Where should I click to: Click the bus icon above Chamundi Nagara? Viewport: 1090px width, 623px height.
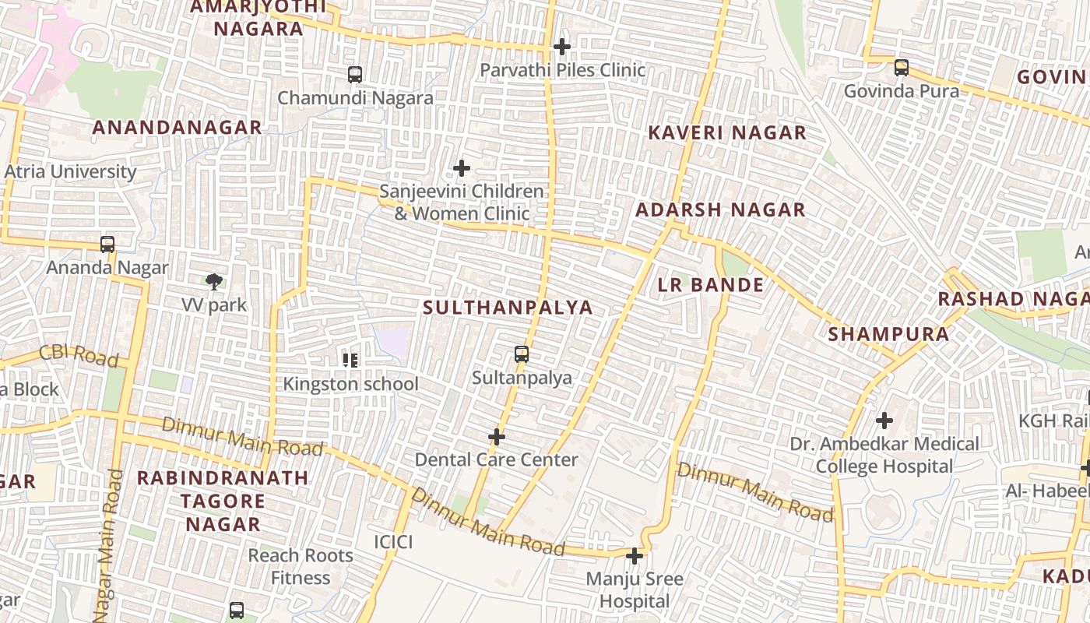click(x=355, y=75)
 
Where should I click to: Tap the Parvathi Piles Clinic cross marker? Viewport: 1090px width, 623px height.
click(x=561, y=47)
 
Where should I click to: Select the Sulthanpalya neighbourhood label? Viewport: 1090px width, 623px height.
click(x=508, y=308)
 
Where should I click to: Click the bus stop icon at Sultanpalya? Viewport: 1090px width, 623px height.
click(x=522, y=355)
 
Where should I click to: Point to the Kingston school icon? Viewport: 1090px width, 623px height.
click(x=350, y=360)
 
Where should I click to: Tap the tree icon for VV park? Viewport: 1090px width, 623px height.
click(x=214, y=281)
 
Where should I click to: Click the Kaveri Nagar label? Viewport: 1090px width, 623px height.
click(x=727, y=132)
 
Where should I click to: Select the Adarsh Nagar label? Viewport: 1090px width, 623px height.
click(x=720, y=209)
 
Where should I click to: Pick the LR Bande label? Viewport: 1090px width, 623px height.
click(x=711, y=285)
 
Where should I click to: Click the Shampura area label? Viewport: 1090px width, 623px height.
click(x=888, y=335)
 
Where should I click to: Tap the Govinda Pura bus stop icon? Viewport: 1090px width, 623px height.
click(x=902, y=68)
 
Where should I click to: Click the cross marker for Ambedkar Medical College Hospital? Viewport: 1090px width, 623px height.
click(x=884, y=421)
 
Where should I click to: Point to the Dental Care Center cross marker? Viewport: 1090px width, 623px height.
click(x=496, y=437)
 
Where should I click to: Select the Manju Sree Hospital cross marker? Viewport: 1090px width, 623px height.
click(x=635, y=556)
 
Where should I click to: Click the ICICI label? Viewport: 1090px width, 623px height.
click(x=393, y=542)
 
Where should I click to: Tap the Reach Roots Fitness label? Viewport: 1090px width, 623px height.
click(x=301, y=567)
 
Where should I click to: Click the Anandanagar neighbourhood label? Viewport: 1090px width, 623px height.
click(x=177, y=128)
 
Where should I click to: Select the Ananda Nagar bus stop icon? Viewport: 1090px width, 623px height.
click(x=107, y=245)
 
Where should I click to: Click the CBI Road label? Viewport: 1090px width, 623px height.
click(x=79, y=355)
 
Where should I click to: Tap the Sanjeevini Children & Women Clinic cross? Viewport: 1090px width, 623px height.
click(x=462, y=168)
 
